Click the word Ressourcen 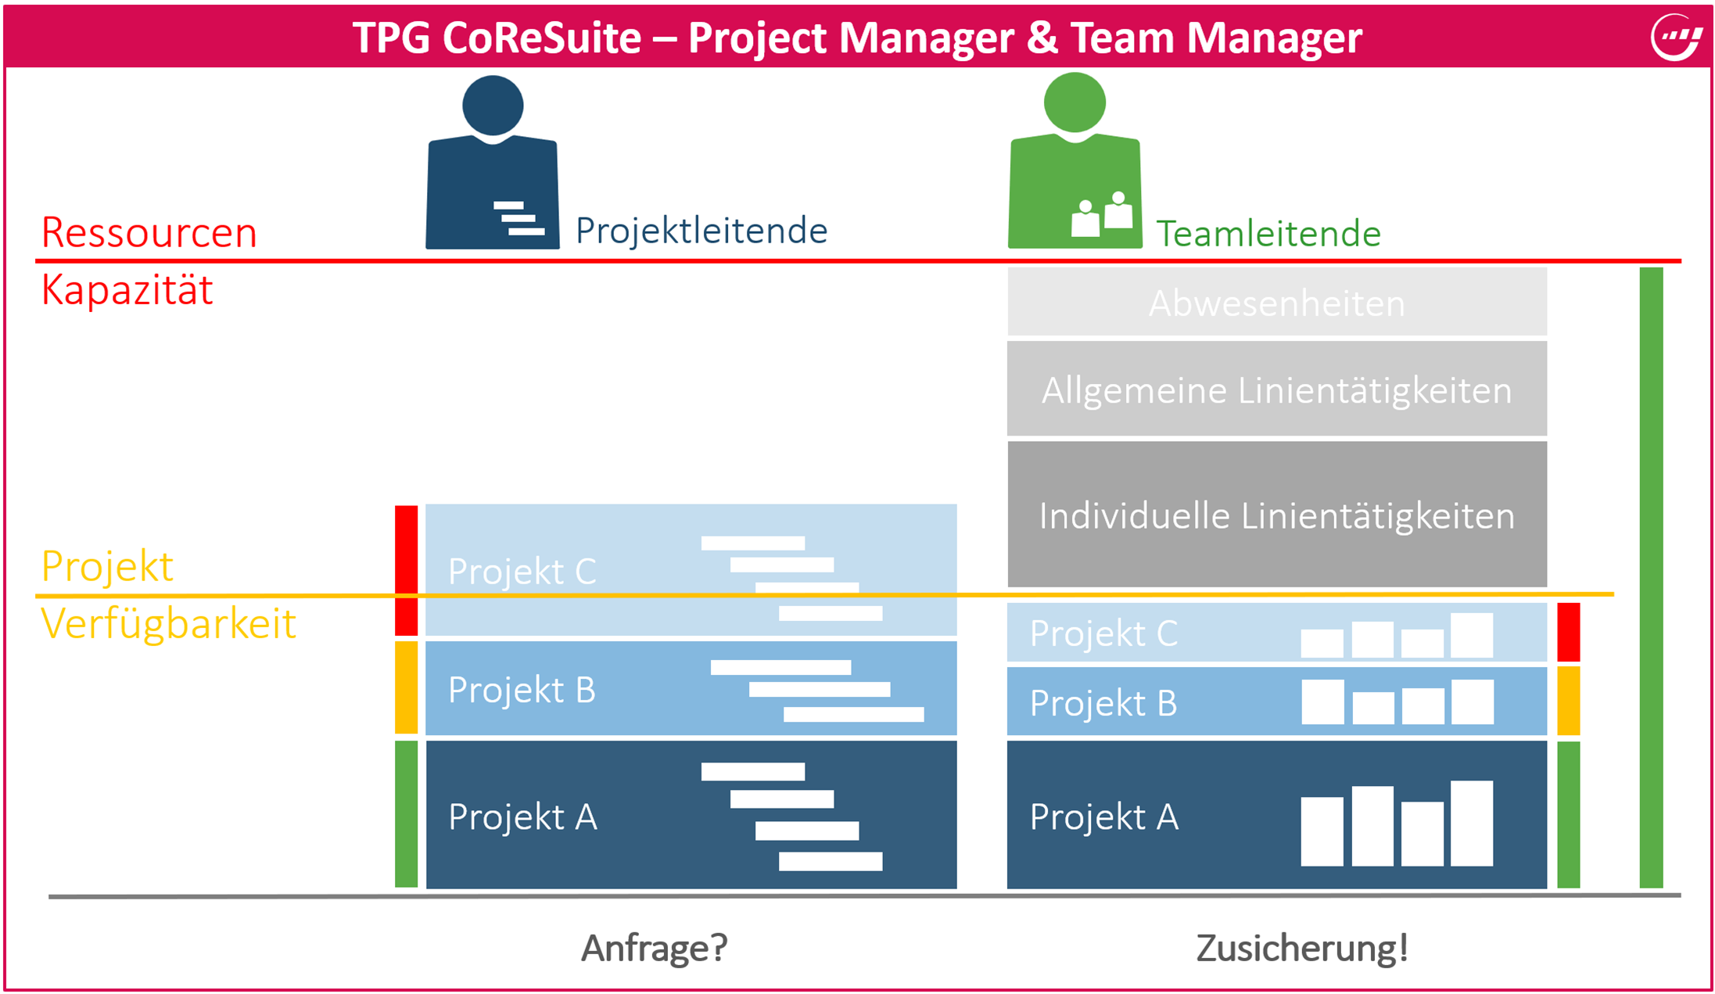[149, 232]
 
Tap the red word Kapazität [127, 290]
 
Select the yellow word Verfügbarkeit [168, 623]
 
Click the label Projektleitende [701, 231]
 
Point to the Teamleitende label [1268, 234]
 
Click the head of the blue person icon [493, 106]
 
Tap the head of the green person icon [1075, 102]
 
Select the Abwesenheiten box [1276, 303]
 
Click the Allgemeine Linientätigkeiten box [1276, 389]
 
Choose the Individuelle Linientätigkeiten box [1276, 515]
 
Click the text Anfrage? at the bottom [654, 948]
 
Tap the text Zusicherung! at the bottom [1302, 948]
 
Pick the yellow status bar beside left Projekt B [406, 687]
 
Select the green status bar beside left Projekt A [406, 813]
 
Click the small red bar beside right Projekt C [1568, 632]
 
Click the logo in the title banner [1676, 37]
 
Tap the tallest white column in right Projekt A [1472, 823]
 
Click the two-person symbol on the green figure [1102, 214]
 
